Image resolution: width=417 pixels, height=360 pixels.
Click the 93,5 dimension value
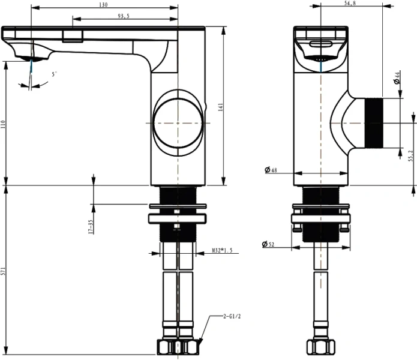123,16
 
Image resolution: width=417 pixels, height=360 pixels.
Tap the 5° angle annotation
55,74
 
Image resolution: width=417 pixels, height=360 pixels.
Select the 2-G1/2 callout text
232,316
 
